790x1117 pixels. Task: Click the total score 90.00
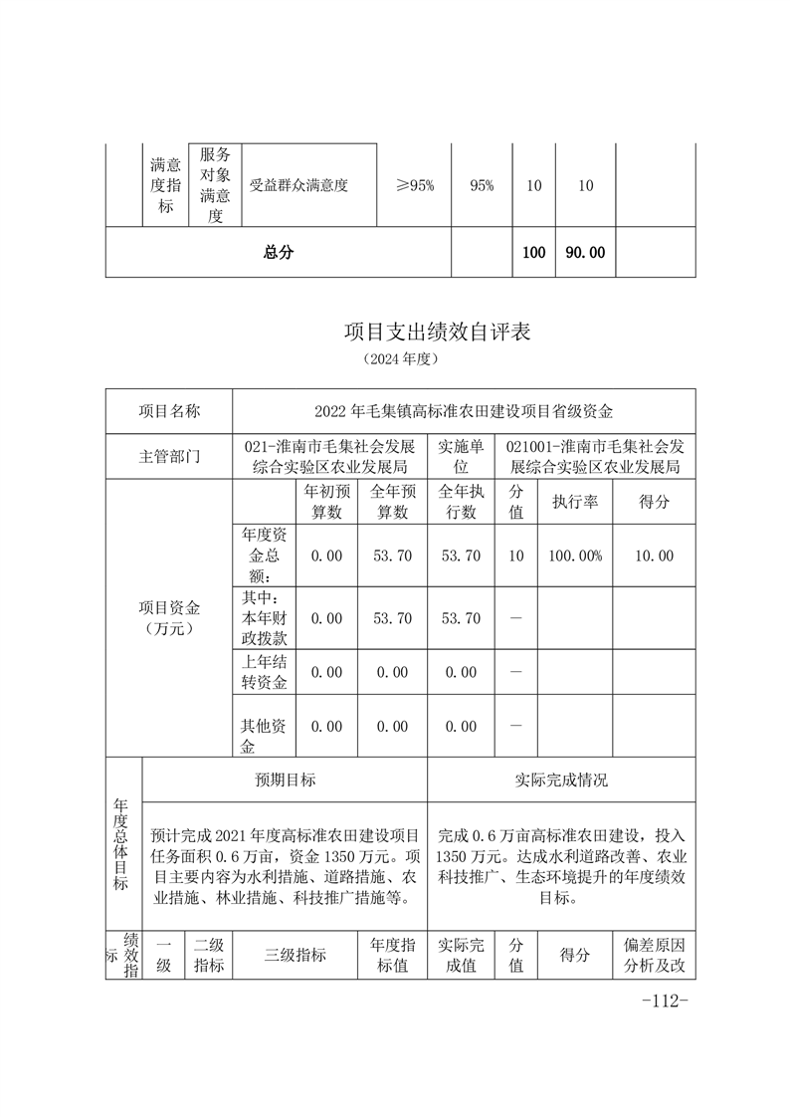coord(585,253)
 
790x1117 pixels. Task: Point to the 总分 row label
coord(279,253)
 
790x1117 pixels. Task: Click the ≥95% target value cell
coord(415,185)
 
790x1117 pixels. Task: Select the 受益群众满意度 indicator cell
coord(298,185)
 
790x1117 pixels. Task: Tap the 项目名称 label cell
coord(168,410)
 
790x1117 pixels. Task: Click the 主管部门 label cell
coord(168,457)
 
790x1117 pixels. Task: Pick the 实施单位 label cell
coord(460,457)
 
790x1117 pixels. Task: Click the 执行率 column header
coord(575,503)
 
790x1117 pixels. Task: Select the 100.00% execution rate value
coord(575,556)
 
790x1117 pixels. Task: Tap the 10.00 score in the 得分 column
coord(654,556)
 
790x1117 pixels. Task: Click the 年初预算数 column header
coord(326,503)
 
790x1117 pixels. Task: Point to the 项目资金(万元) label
coord(168,618)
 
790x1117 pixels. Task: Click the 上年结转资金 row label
coord(263,672)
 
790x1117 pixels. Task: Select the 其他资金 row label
coord(263,727)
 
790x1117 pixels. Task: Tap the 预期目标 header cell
coord(286,780)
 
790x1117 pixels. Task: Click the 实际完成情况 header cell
coord(561,780)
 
